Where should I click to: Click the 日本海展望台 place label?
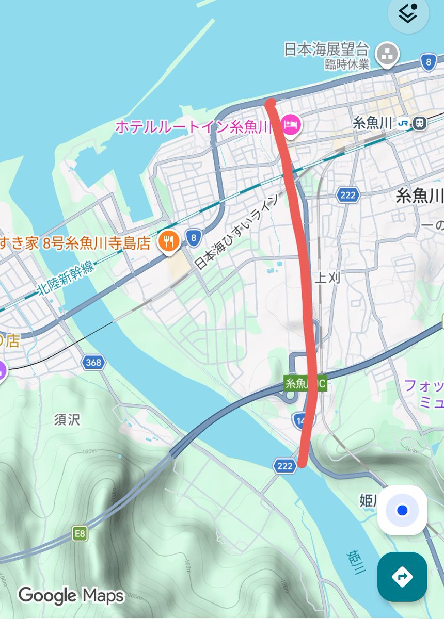(327, 50)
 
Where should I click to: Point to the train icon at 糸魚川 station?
(420, 123)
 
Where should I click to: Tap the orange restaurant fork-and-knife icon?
(168, 240)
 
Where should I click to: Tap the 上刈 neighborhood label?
(327, 279)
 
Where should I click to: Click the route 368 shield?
(93, 363)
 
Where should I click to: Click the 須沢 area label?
(67, 419)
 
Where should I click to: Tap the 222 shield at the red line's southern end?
(285, 466)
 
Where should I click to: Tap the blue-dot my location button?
(402, 510)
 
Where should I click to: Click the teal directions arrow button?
(402, 576)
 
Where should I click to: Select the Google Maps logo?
(71, 596)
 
